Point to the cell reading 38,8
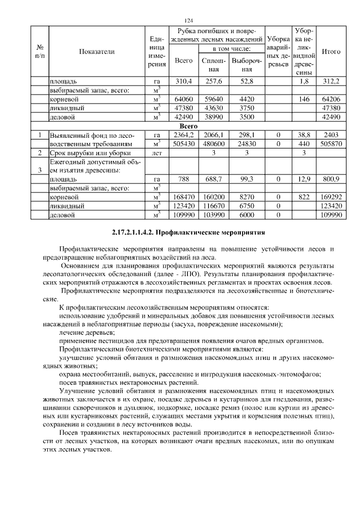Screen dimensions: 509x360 [304, 136]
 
